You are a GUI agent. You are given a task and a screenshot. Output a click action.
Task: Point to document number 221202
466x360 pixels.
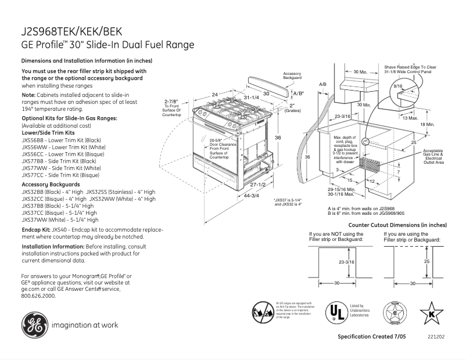(435, 337)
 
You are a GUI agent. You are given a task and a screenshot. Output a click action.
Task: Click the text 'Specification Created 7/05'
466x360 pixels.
(372, 337)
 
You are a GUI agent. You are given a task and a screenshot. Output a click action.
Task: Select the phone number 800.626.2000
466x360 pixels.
(38, 295)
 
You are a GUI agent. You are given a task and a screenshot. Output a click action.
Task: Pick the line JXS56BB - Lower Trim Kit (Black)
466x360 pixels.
(61, 141)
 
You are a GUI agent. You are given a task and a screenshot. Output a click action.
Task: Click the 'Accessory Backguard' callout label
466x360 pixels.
(292, 75)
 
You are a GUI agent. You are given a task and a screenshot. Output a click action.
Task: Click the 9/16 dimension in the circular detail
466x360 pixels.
(398, 86)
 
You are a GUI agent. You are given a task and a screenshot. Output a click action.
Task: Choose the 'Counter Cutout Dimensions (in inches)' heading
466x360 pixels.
(397, 225)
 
